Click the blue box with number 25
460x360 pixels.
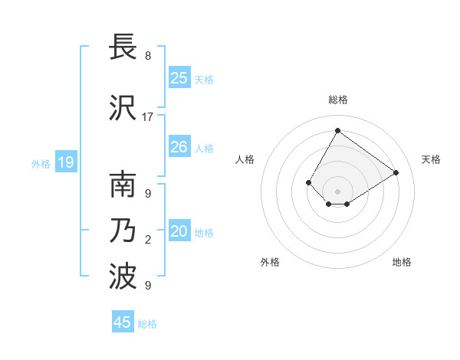pyautogui.click(x=179, y=78)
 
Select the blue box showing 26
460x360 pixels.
pyautogui.click(x=179, y=147)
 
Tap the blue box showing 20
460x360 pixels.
pyautogui.click(x=179, y=231)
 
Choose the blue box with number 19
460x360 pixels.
pyautogui.click(x=66, y=162)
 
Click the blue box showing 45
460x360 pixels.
pyautogui.click(x=123, y=322)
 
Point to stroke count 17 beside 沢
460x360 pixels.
pyautogui.click(x=148, y=117)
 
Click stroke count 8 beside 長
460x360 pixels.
pyautogui.click(x=148, y=56)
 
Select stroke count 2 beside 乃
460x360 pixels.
pyautogui.click(x=148, y=241)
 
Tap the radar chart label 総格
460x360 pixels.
pyautogui.click(x=337, y=100)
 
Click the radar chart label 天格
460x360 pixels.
pyautogui.click(x=431, y=159)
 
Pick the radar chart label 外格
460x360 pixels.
pyautogui.click(x=270, y=262)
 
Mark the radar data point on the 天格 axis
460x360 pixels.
pyautogui.click(x=396, y=172)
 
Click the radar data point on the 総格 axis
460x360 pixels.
pyautogui.click(x=337, y=130)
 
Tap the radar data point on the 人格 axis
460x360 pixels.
pyautogui.click(x=309, y=182)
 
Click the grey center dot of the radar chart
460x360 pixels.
pyautogui.click(x=337, y=191)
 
